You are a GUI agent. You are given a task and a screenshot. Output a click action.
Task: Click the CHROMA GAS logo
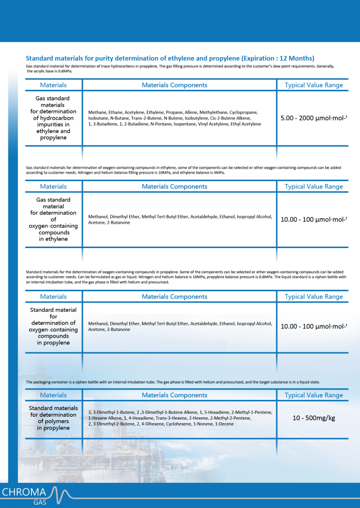point(35,495)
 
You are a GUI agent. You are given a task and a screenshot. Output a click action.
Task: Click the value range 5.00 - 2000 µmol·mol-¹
point(313,119)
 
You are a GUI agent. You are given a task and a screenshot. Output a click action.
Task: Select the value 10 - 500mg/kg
point(313,418)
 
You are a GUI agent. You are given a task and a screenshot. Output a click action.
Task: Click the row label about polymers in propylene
point(53,418)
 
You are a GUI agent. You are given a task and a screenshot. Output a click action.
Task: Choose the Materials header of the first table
point(53,85)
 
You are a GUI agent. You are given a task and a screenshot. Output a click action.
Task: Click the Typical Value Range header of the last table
point(313,395)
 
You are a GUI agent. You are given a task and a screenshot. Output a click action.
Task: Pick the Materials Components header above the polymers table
point(174,395)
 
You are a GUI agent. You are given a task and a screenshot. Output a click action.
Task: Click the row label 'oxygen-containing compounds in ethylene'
point(53,219)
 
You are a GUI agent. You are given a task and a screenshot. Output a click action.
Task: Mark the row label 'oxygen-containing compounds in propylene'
point(53,326)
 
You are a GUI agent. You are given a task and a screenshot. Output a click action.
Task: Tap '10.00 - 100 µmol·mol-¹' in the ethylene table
point(313,219)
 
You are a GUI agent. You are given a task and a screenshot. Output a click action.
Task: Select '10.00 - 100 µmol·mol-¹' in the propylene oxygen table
point(313,326)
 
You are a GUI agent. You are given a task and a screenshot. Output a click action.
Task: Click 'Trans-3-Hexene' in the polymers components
point(170,418)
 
